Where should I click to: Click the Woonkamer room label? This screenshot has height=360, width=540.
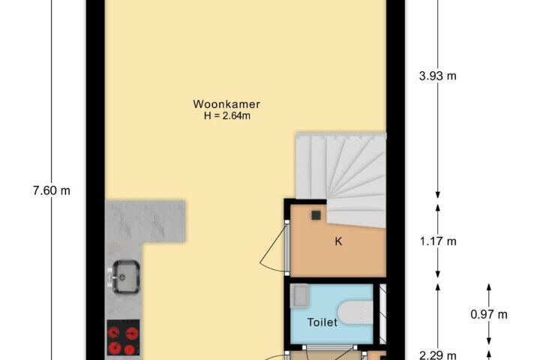(x=226, y=104)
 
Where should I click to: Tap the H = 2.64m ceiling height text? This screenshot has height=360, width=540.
(x=227, y=115)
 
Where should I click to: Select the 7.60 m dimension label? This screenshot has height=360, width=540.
(x=52, y=190)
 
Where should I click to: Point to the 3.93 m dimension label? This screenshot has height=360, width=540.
(x=438, y=76)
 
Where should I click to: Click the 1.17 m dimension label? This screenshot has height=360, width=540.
(x=438, y=241)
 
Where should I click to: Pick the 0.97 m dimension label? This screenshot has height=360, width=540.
(x=489, y=314)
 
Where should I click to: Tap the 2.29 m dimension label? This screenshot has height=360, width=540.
(x=438, y=355)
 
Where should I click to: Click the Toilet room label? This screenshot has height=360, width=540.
(x=322, y=322)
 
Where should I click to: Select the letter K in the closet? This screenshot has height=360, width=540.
(x=338, y=241)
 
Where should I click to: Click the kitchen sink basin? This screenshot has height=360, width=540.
(x=127, y=277)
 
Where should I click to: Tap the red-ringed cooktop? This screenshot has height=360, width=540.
(x=123, y=337)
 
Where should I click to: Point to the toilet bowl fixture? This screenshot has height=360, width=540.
(x=355, y=313)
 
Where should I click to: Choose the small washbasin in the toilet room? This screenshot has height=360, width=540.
(x=298, y=295)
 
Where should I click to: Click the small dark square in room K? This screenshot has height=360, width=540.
(x=316, y=215)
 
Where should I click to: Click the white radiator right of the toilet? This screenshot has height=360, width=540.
(x=382, y=313)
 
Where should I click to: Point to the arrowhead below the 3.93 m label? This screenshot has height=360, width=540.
(x=438, y=195)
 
